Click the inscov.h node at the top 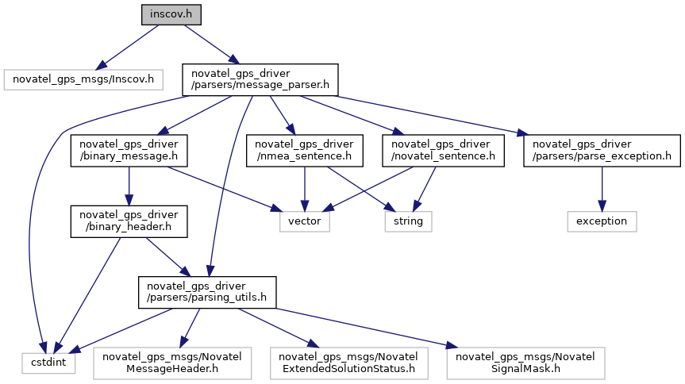[x=171, y=15]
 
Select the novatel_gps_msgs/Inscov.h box [x=83, y=79]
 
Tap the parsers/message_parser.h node [x=260, y=79]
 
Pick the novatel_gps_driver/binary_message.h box [x=129, y=150]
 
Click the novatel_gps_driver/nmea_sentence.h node [x=305, y=150]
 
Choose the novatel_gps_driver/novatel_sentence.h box [x=442, y=150]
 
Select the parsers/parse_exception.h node [x=601, y=150]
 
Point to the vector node [x=304, y=221]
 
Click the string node [x=408, y=221]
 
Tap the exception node [x=602, y=221]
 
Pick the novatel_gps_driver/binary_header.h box [x=129, y=221]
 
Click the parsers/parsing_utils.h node [x=207, y=293]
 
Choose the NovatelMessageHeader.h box [x=172, y=363]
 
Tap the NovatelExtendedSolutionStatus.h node [x=348, y=363]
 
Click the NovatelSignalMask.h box [x=525, y=363]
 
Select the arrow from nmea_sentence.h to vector [x=305, y=189]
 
